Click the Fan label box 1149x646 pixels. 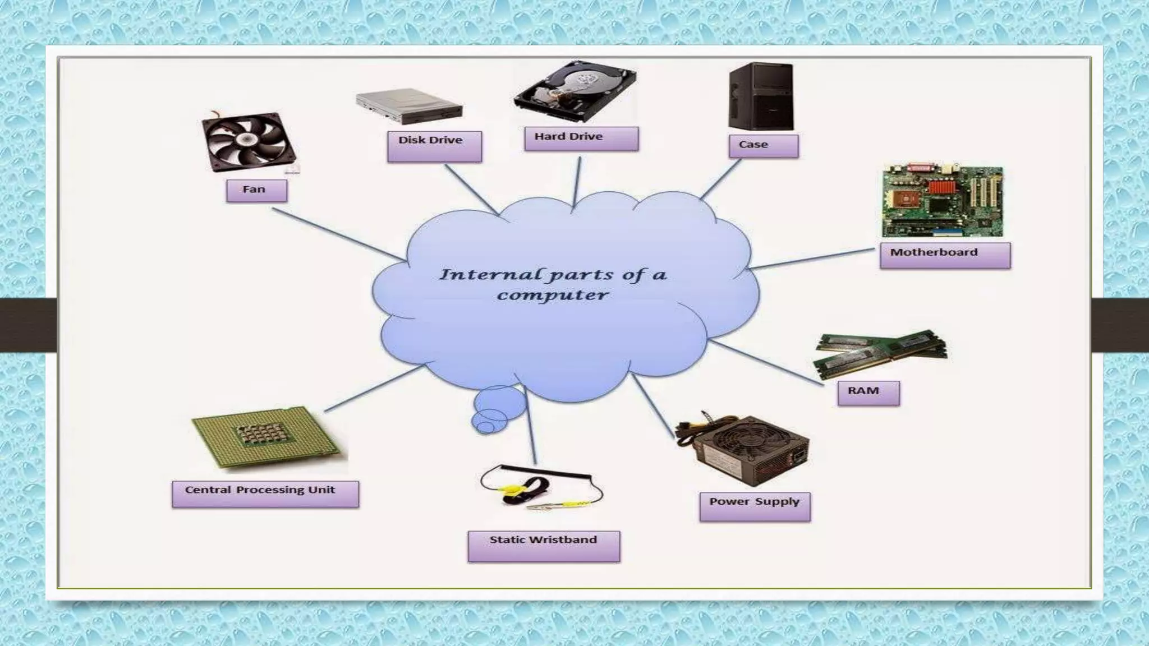[256, 191]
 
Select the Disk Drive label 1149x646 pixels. [434, 146]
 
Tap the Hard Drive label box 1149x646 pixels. [581, 139]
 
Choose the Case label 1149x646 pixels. [764, 146]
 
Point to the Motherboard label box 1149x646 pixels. [945, 255]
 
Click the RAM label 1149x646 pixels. [868, 393]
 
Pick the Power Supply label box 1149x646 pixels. [755, 506]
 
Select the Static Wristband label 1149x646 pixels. [544, 546]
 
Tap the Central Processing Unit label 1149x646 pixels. [265, 493]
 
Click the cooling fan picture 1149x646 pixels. [249, 141]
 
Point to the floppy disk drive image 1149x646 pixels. [409, 106]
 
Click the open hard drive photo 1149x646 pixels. [575, 92]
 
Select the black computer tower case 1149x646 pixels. [761, 96]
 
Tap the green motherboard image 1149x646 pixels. [943, 201]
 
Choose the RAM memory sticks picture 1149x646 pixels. [880, 352]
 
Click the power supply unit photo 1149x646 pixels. [743, 449]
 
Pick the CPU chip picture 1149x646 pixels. [267, 437]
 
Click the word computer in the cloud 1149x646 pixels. [553, 296]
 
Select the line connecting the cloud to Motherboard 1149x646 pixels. [812, 259]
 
